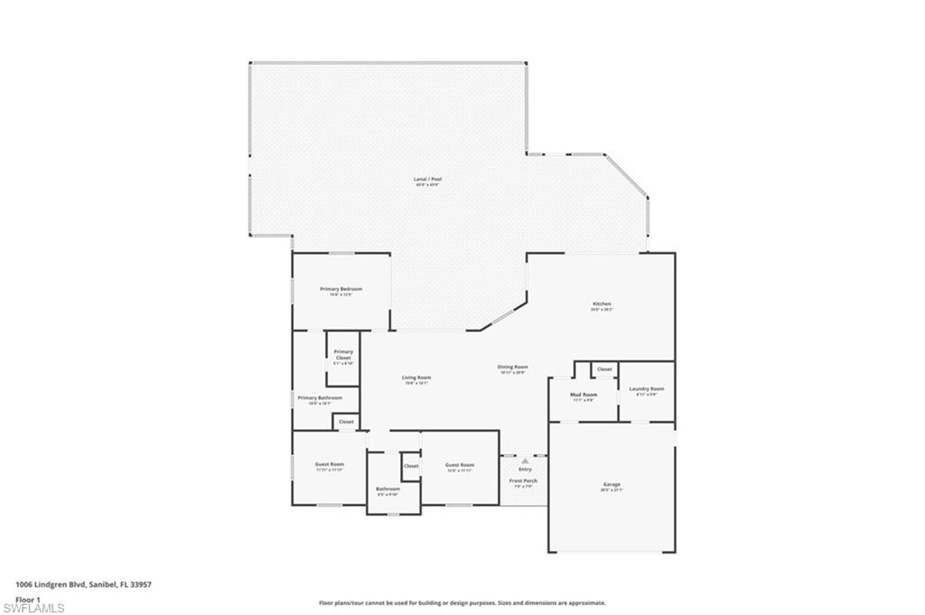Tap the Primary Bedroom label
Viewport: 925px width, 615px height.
tap(341, 289)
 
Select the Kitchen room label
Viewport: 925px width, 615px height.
tap(602, 304)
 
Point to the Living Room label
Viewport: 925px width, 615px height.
tap(416, 377)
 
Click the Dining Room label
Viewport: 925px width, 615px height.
tap(512, 368)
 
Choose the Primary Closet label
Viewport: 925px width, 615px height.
tap(343, 355)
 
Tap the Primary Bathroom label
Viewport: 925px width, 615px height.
tap(320, 397)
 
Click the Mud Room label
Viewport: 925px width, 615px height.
tap(583, 395)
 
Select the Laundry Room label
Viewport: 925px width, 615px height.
tap(646, 388)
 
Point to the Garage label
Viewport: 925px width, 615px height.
tap(612, 485)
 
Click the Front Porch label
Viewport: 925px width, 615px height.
tap(523, 480)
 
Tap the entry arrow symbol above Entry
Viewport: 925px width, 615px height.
tap(525, 461)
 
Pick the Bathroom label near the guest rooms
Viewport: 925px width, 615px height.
tap(388, 489)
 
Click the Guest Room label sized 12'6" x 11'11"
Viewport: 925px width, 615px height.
tap(459, 466)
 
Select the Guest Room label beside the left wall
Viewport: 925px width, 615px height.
tap(330, 464)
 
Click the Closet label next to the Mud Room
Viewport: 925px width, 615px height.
tap(604, 369)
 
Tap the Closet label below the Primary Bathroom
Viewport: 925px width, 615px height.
tap(346, 422)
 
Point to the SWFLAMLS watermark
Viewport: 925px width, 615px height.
tap(33, 608)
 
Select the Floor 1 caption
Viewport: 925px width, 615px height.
tap(28, 598)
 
